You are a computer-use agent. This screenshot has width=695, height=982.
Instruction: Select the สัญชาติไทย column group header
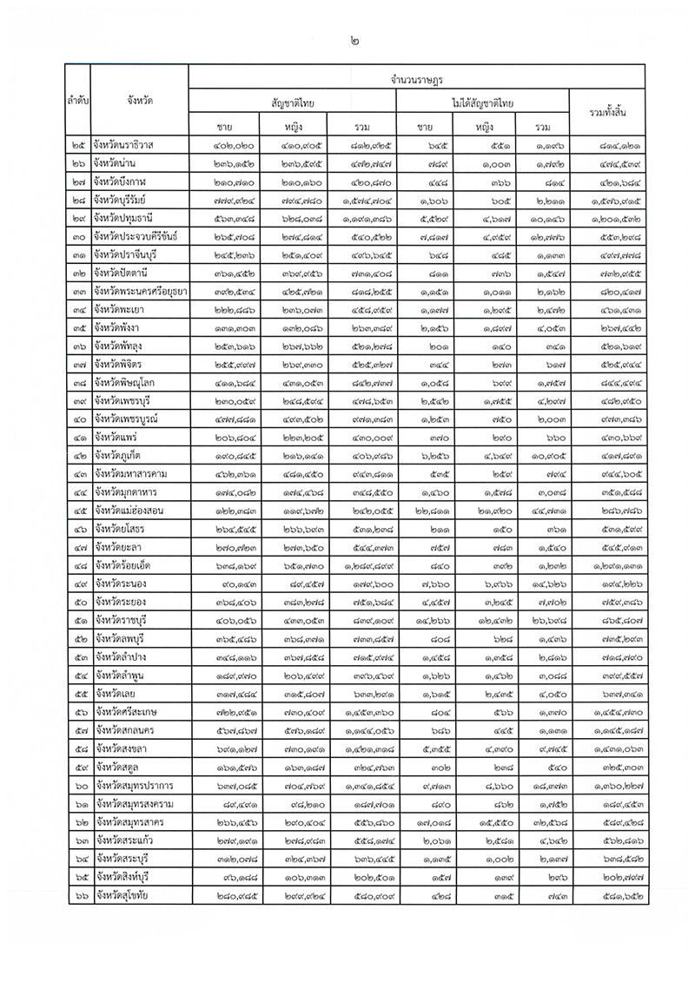tap(294, 103)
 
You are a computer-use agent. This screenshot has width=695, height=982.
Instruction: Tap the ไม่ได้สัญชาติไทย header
tap(484, 103)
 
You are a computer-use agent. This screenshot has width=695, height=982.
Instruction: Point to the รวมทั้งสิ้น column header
tap(608, 115)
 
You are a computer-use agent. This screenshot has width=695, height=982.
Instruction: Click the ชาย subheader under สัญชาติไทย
tap(225, 127)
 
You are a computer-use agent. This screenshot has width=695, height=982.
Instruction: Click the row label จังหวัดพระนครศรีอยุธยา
tap(142, 291)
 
